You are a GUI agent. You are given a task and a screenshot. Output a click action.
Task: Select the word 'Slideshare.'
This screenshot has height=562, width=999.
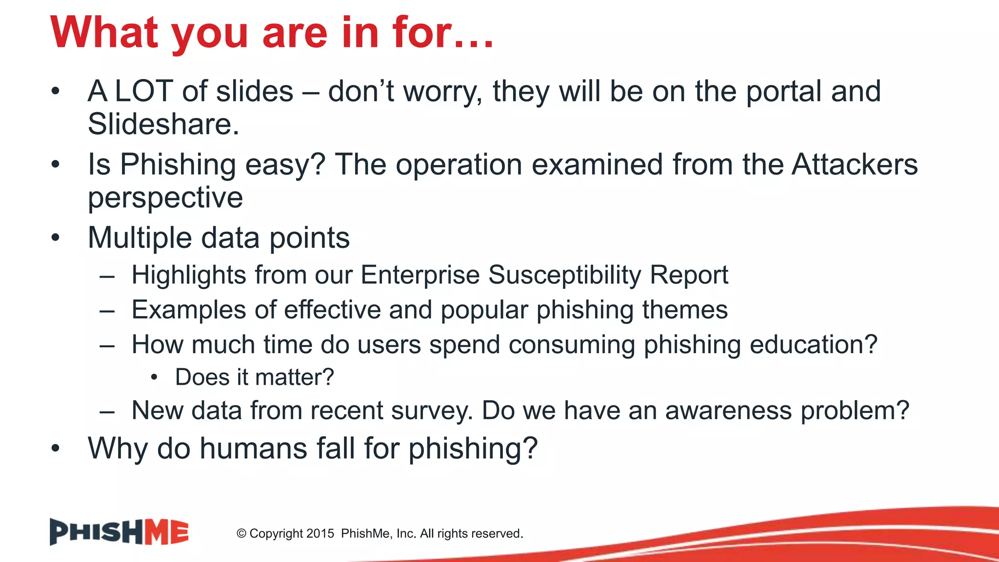[163, 124]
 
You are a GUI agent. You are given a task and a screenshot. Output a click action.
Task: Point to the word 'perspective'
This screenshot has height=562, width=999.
[165, 198]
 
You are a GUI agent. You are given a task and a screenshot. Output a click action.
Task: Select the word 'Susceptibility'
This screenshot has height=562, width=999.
[564, 275]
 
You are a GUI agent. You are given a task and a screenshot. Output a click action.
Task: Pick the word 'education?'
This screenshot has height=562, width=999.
[813, 344]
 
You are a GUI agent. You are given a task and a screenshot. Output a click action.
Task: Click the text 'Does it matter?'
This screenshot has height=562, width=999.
[254, 377]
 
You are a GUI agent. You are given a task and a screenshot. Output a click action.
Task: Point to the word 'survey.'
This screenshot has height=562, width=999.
[432, 410]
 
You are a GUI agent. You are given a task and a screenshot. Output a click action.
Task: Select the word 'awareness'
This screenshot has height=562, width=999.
[728, 410]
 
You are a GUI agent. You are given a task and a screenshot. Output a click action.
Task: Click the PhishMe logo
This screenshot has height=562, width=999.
[119, 532]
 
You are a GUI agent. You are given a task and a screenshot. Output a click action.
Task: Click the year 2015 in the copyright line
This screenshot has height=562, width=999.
[320, 534]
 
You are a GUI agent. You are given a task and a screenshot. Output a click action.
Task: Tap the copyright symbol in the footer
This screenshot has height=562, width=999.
[241, 534]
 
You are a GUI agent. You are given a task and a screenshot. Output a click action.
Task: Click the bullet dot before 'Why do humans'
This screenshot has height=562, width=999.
[56, 448]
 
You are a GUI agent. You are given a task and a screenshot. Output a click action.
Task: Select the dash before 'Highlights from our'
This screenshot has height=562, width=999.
[107, 276]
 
